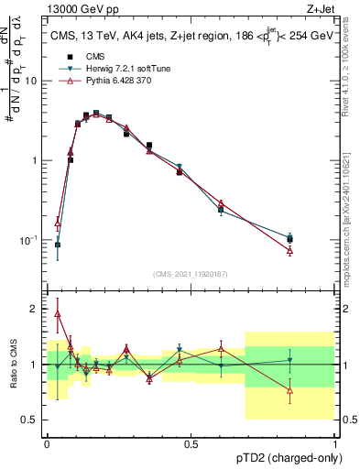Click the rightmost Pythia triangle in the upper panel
pos(289,250)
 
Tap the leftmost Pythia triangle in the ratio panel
pos(58,313)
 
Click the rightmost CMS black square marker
pos(289,239)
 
